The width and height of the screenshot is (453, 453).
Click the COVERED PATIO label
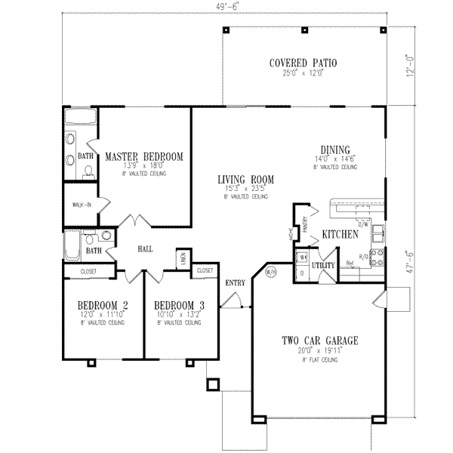point(303,63)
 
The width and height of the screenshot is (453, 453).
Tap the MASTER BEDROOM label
point(143,156)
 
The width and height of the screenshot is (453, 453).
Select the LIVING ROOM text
point(245,179)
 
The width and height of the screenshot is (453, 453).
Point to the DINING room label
point(337,149)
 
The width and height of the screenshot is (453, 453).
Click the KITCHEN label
point(340,235)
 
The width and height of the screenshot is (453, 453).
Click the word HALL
point(146,248)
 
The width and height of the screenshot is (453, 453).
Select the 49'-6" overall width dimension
point(225,6)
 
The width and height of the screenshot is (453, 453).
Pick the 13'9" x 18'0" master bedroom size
point(143,165)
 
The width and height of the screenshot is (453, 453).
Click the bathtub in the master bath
point(79,116)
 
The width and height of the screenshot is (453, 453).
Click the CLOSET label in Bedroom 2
point(88,270)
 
